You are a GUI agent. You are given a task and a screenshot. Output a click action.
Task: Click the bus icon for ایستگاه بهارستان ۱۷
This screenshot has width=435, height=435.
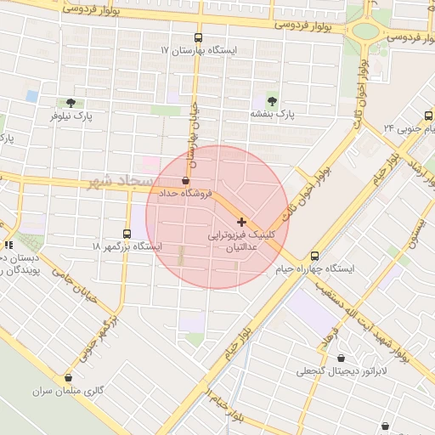coord(199,37)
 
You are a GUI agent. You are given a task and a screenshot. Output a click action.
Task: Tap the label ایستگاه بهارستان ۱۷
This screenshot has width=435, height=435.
coord(199,50)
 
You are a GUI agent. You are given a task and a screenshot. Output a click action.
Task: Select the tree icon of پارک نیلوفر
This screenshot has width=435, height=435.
coord(71,101)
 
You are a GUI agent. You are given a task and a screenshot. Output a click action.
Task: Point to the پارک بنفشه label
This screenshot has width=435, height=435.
coord(272,112)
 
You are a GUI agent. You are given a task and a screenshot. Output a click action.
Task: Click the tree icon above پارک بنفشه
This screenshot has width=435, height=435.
coord(272,99)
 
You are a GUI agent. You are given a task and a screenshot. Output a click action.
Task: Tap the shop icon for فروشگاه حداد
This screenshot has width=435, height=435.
coord(186,181)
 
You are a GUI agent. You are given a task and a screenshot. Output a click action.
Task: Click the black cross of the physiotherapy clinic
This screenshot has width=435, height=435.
coord(242,221)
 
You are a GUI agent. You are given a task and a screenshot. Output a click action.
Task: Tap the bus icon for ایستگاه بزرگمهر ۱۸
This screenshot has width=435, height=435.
coord(127,234)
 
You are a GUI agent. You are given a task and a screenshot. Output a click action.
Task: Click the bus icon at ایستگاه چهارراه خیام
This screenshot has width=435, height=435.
coord(315,256)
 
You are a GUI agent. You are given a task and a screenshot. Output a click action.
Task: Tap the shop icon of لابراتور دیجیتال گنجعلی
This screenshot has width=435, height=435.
coord(342,359)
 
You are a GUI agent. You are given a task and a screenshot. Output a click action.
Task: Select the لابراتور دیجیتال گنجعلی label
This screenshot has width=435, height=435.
coord(342,371)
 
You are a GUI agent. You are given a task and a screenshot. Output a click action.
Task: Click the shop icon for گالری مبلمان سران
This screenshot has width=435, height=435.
coord(69,378)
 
